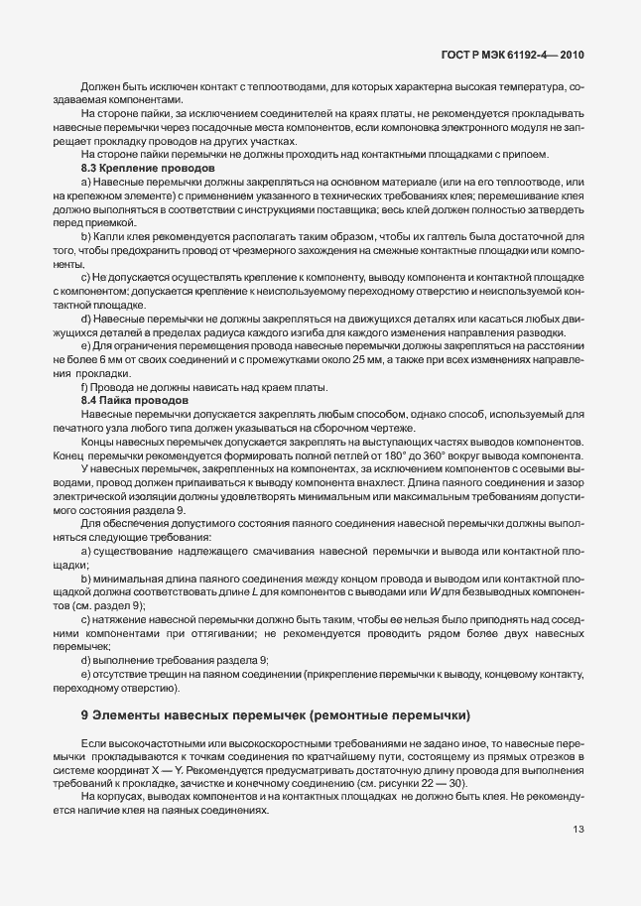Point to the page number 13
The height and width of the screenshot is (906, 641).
coord(578,830)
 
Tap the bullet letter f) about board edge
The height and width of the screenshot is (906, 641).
coord(85,386)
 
